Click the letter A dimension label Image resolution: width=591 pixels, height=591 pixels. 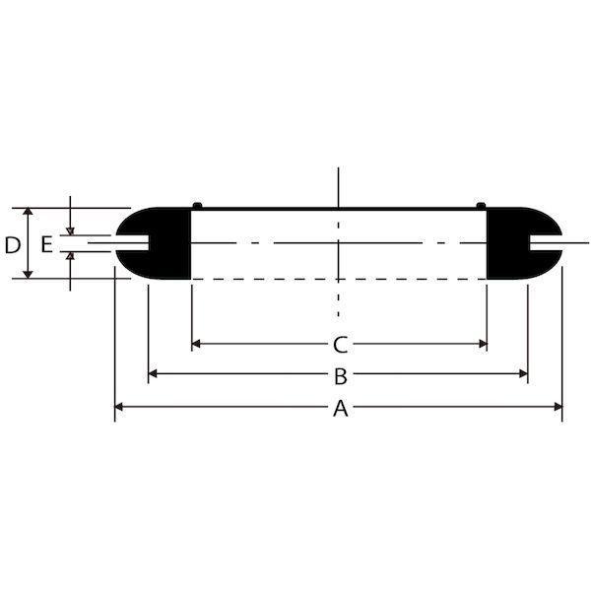[341, 409]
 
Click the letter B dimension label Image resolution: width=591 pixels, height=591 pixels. [341, 376]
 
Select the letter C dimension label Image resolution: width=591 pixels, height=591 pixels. [341, 345]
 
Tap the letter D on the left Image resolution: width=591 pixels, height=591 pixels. [13, 245]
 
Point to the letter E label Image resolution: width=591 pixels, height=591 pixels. [46, 244]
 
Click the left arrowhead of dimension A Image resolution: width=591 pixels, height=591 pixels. [118, 407]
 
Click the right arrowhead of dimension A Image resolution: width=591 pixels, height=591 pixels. [558, 407]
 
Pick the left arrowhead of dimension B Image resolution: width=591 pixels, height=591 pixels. [153, 373]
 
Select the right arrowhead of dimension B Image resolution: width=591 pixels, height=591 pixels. [524, 373]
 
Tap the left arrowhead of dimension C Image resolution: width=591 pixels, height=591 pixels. [196, 344]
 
